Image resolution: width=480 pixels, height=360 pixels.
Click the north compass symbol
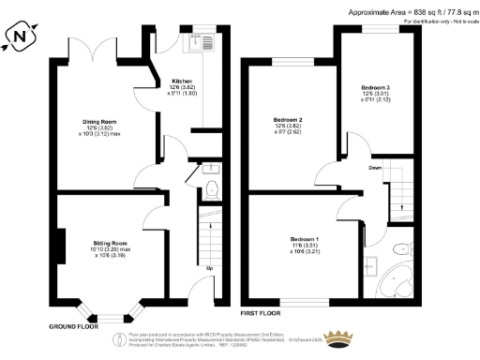pyautogui.click(x=22, y=37)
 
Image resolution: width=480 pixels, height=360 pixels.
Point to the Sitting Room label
pyautogui.click(x=114, y=241)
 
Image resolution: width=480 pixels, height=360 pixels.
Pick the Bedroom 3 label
pyautogui.click(x=376, y=88)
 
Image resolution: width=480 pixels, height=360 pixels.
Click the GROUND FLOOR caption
pyautogui.click(x=75, y=327)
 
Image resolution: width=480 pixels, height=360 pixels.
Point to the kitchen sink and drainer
pyautogui.click(x=200, y=42)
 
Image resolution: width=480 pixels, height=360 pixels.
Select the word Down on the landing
pyautogui.click(x=374, y=169)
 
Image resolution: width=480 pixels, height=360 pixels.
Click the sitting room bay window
pyautogui.click(x=111, y=314)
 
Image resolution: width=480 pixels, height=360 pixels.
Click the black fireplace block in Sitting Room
pyautogui.click(x=60, y=247)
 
